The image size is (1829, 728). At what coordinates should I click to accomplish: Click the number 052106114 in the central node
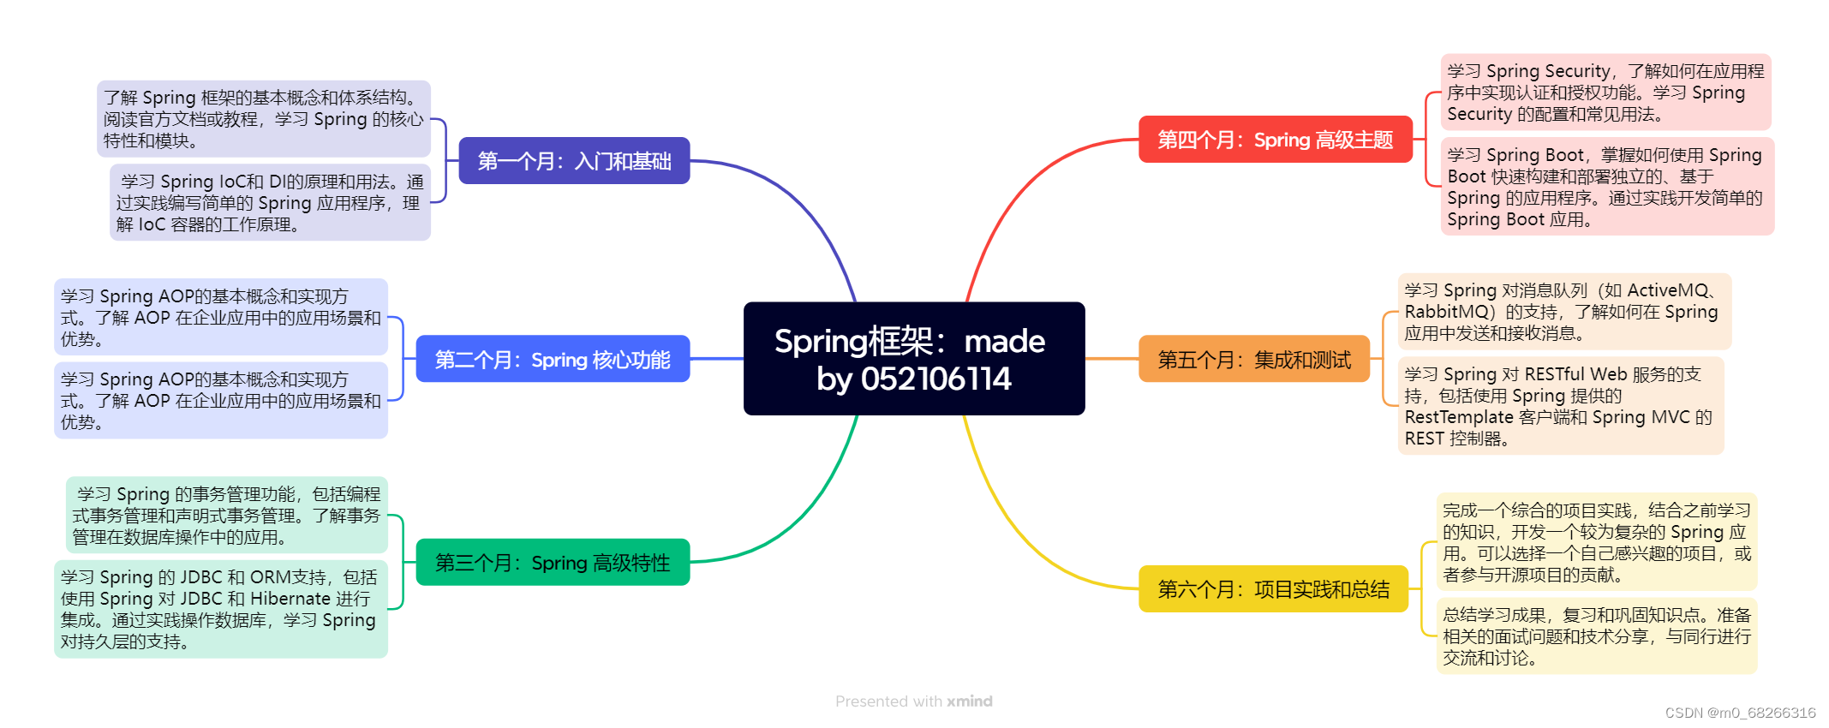[x=935, y=379]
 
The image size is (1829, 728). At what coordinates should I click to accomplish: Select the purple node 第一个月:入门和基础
[x=574, y=161]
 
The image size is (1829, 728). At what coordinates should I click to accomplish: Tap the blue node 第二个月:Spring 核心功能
[x=553, y=360]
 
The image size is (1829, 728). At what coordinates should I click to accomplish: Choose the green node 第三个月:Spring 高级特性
[x=553, y=563]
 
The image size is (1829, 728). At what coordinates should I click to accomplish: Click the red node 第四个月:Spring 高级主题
[x=1275, y=140]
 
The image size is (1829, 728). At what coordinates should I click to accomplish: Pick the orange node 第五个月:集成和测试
[x=1254, y=360]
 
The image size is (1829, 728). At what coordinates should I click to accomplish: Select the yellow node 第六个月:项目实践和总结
[x=1273, y=589]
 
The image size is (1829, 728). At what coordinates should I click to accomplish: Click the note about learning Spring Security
[x=1605, y=92]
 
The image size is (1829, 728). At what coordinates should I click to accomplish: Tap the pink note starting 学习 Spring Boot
[x=1606, y=187]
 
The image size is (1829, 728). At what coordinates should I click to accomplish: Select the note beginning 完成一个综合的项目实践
[x=1596, y=542]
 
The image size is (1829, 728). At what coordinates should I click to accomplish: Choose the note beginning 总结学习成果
[x=1596, y=636]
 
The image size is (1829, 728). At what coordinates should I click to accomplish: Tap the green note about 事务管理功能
[x=226, y=516]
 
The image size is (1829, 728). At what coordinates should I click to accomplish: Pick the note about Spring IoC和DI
[x=270, y=203]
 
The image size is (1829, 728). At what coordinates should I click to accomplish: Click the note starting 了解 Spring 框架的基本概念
[x=263, y=119]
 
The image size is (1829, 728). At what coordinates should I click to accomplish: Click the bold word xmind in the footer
[x=969, y=701]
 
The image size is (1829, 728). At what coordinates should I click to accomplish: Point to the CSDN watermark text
[x=1740, y=713]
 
